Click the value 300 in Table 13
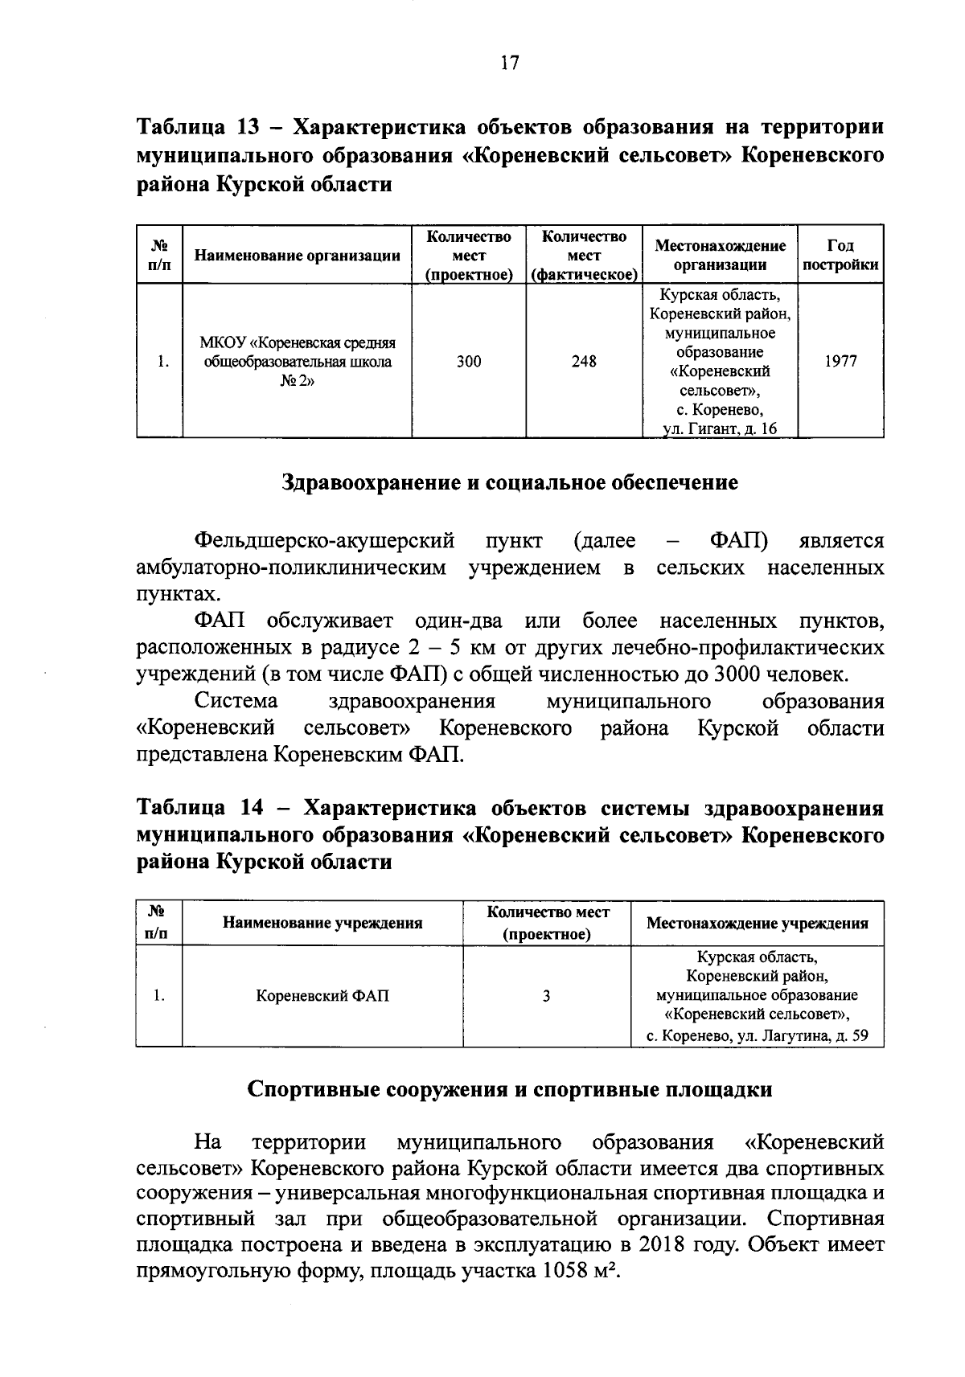coord(469,362)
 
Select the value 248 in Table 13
coord(584,362)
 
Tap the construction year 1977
coord(840,362)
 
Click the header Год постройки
coord(840,255)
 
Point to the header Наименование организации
coord(298,256)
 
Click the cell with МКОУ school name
coord(298,362)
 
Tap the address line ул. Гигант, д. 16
coord(719,429)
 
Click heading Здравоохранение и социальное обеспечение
coord(510,482)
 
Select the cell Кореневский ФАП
coord(322,996)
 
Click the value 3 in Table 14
coord(547,996)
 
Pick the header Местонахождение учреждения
coord(757,923)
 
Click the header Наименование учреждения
coord(322,923)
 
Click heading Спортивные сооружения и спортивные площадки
coord(510,1089)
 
